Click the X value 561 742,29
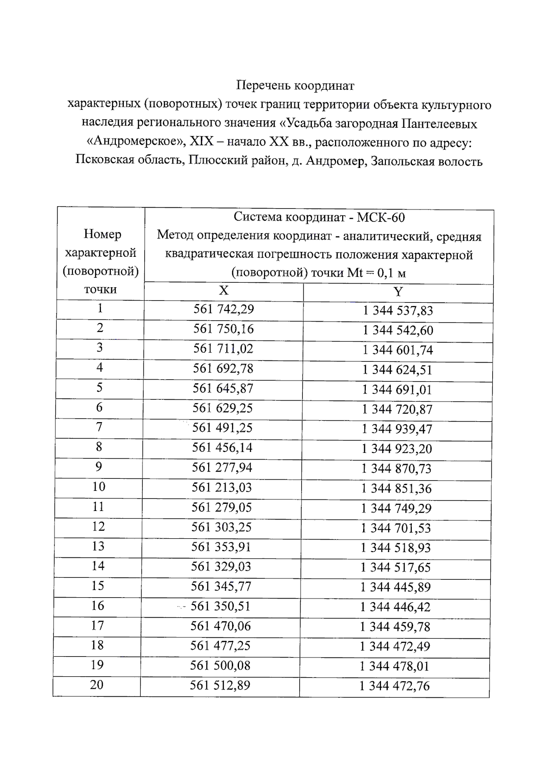pos(223,309)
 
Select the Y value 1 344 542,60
pos(398,331)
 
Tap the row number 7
pos(99,427)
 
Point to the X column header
pos(224,291)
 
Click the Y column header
pos(398,292)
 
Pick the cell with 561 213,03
pos(222,487)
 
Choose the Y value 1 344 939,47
pos(397,429)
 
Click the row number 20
pos(97,684)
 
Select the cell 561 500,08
pos(220,666)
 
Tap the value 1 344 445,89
pos(396,587)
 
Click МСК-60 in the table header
pos(381,218)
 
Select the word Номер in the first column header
pos(102,234)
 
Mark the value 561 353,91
pos(221,547)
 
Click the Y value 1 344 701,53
pos(396,528)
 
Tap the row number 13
pos(98,546)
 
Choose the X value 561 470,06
pos(221,626)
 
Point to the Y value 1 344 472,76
pos(395,686)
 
